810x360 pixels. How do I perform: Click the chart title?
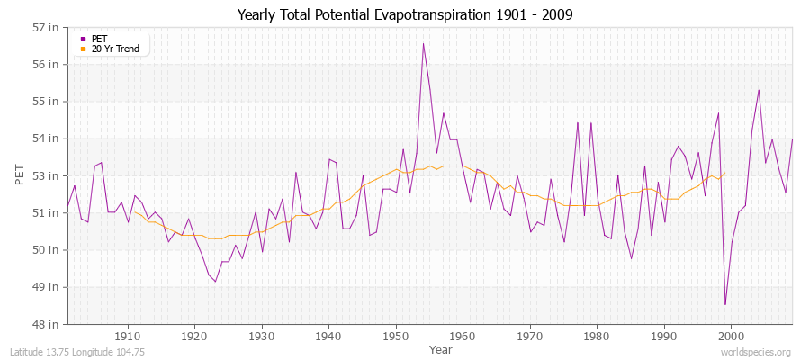pyautogui.click(x=405, y=14)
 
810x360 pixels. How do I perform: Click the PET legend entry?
pyautogui.click(x=99, y=39)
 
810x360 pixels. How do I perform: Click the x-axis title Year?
pyautogui.click(x=441, y=349)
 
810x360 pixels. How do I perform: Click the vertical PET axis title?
pyautogui.click(x=22, y=175)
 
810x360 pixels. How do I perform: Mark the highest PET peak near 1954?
pyautogui.click(x=423, y=43)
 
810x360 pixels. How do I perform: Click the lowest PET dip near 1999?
pyautogui.click(x=724, y=304)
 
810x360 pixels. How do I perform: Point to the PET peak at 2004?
pyautogui.click(x=759, y=90)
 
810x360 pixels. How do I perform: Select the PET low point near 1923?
pyautogui.click(x=215, y=282)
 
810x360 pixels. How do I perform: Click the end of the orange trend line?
pyautogui.click(x=724, y=173)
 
